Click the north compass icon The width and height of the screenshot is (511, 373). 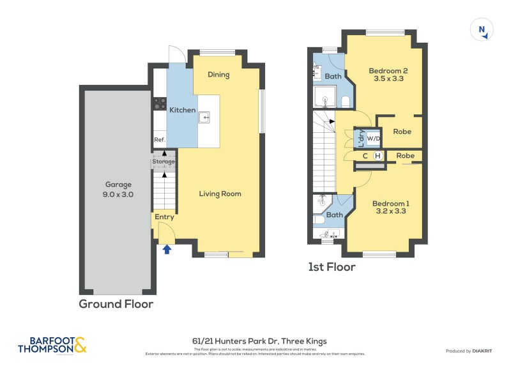pyautogui.click(x=482, y=29)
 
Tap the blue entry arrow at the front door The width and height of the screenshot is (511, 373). pyautogui.click(x=167, y=248)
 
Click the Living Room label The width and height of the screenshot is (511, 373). pyautogui.click(x=220, y=194)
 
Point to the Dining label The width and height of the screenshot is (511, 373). pyautogui.click(x=218, y=75)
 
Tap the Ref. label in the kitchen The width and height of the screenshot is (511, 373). pyautogui.click(x=159, y=140)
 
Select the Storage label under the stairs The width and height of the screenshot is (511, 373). pyautogui.click(x=164, y=162)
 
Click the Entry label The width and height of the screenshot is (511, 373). pyautogui.click(x=164, y=217)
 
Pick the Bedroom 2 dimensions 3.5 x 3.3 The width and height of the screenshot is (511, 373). pyautogui.click(x=388, y=79)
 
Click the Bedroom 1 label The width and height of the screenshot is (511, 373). pyautogui.click(x=391, y=203)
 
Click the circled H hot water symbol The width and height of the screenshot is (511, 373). pyautogui.click(x=378, y=156)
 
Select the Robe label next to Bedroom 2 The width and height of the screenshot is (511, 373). pyautogui.click(x=402, y=132)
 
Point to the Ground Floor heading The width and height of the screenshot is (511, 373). pyautogui.click(x=116, y=304)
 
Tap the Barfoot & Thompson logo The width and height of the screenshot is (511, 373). pyautogui.click(x=52, y=346)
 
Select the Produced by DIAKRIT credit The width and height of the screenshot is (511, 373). pyautogui.click(x=471, y=351)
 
